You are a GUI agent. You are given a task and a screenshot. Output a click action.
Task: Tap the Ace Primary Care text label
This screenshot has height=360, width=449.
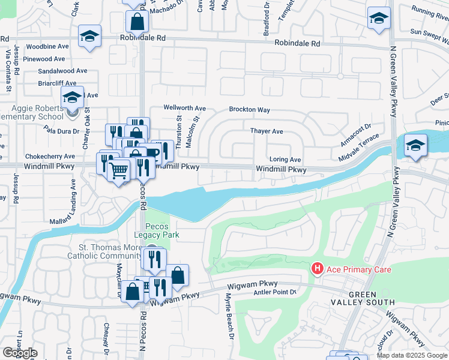(358, 270)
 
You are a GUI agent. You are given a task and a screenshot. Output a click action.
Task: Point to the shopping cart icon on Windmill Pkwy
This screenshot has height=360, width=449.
(119, 170)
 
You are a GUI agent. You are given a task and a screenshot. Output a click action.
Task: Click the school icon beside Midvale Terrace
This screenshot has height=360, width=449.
(415, 145)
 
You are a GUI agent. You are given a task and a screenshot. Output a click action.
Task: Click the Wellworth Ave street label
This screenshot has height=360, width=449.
(185, 109)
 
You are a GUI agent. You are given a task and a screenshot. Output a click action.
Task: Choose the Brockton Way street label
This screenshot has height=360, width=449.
(249, 110)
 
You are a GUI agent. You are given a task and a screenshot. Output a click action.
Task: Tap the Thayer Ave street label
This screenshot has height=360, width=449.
(267, 131)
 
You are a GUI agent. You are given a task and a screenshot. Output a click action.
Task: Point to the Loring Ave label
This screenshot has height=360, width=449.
(285, 160)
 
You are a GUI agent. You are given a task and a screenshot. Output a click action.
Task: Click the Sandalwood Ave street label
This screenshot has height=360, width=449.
(62, 71)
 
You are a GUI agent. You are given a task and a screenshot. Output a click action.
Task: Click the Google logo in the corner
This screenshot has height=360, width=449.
(20, 353)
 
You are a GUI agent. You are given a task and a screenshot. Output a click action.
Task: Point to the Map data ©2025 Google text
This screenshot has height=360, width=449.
(411, 355)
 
